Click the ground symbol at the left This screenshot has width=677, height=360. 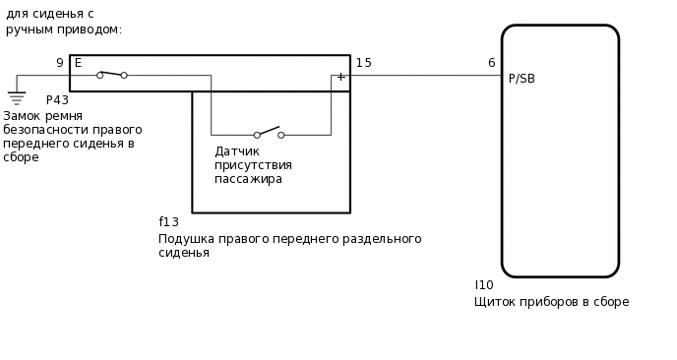pos(17,96)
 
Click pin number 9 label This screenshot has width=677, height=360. pos(59,63)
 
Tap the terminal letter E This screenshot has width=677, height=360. pos(79,63)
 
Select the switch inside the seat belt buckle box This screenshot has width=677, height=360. pos(111,74)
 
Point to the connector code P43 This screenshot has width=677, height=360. pos(57,100)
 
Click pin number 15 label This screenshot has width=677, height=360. pos(364,63)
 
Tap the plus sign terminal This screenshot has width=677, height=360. pos(340,77)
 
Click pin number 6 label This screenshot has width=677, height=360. pos(491,63)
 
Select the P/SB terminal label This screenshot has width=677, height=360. pos(522,79)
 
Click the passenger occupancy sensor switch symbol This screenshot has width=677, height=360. pos(269,133)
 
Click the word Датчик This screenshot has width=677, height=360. pos(237,151)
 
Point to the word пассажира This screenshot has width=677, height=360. pos(248,179)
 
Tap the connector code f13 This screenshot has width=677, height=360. pos(169,222)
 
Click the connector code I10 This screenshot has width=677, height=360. pos(484,285)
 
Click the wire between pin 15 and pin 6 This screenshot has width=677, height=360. pos(423,75)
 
